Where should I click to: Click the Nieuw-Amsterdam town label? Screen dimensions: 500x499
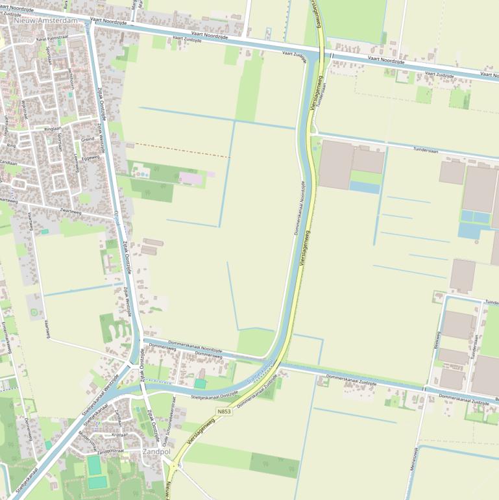point(45,21)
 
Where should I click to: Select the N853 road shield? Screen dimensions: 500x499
point(225,412)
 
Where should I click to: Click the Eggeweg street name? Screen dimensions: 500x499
point(90,158)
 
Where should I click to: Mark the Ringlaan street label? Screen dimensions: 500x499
point(53,129)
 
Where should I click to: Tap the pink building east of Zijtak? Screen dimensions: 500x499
point(191,177)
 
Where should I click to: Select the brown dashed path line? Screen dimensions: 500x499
point(182,150)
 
